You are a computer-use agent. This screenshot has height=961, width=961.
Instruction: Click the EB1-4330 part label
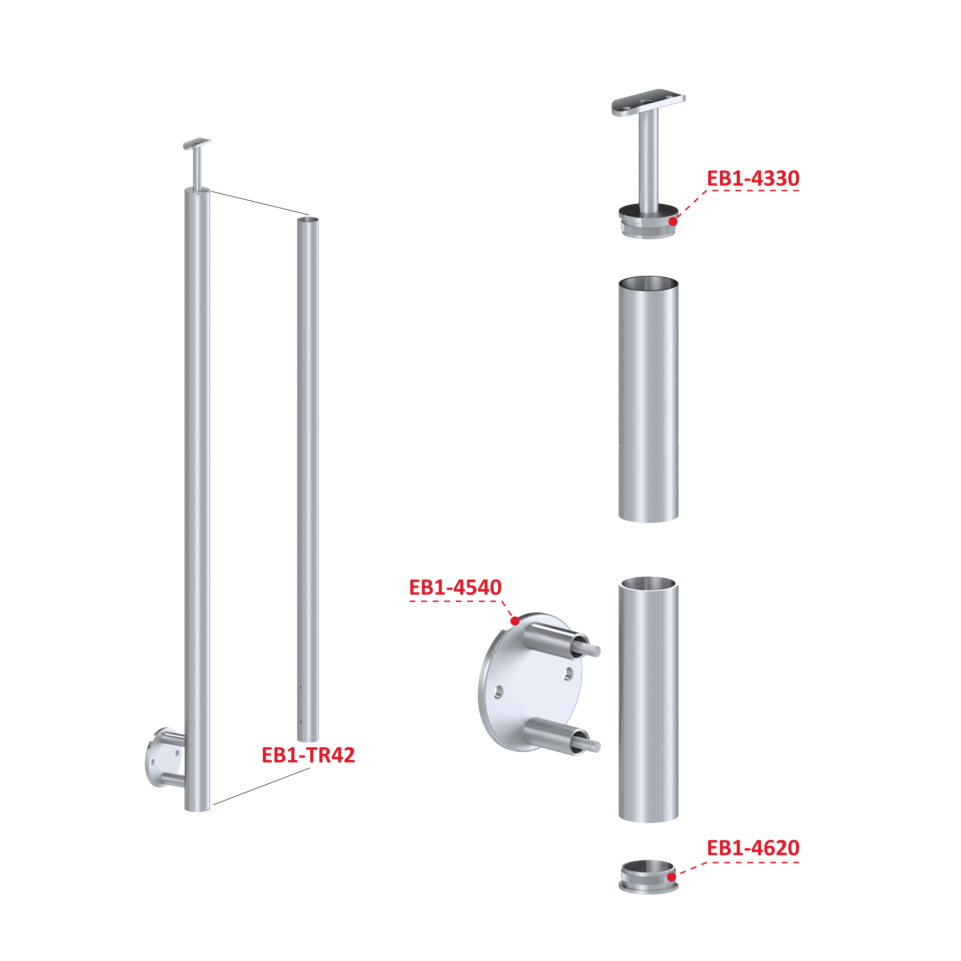coord(753,179)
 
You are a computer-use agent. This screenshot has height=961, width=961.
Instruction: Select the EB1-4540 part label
coord(455,587)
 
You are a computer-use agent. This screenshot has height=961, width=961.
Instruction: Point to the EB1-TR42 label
coord(308,755)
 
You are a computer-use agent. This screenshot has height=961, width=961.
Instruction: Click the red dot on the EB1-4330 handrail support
coord(672,221)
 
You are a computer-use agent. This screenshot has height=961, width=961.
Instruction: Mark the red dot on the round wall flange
coord(515,621)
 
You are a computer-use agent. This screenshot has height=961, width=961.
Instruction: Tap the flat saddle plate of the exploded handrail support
coord(648,102)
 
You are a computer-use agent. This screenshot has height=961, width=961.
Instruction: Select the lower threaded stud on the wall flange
coord(587,743)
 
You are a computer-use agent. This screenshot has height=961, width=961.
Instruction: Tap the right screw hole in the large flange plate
coord(568,674)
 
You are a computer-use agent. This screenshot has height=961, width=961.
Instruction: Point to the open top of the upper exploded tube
coord(648,282)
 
